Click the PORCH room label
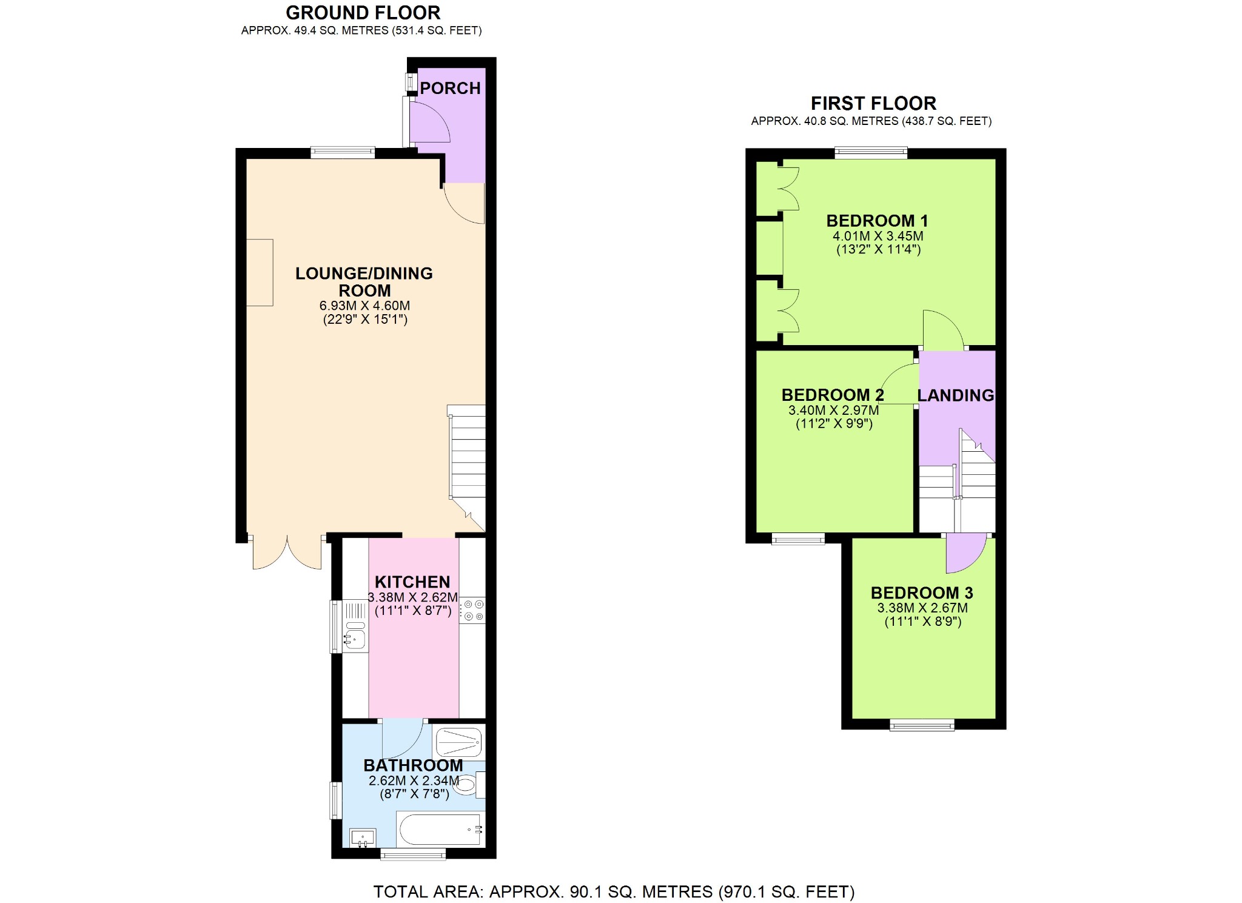point(450,89)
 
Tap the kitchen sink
point(355,637)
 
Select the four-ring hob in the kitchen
point(472,611)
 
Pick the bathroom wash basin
point(363,838)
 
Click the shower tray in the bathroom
point(459,742)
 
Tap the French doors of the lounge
point(287,552)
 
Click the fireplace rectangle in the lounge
point(260,272)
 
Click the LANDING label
point(956,395)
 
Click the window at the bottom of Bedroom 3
point(922,725)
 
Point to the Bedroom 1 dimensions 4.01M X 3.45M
point(878,237)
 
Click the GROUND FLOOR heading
point(363,13)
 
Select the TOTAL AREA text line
point(614,892)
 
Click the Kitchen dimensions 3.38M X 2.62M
point(412,597)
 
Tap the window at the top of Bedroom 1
point(871,153)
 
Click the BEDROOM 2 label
point(832,395)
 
